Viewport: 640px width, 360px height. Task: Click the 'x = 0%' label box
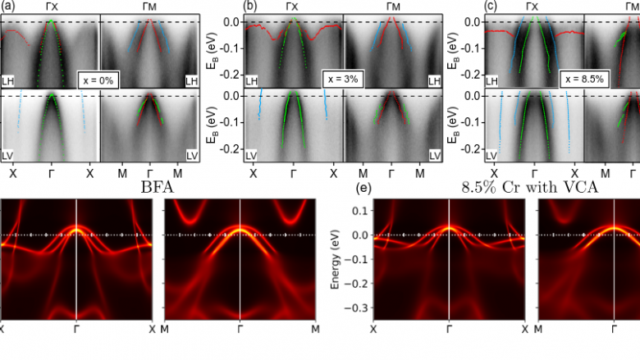[x=98, y=80]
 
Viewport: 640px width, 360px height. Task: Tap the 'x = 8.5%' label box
[x=583, y=80]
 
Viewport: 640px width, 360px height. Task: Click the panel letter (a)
[x=8, y=6]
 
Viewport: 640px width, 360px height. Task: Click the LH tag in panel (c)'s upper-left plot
[x=492, y=80]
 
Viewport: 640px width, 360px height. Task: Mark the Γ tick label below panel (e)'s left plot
[x=450, y=329]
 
